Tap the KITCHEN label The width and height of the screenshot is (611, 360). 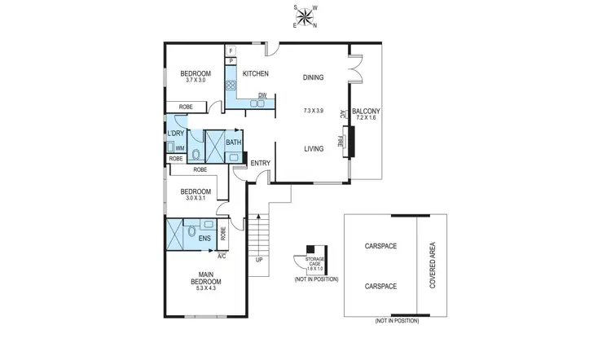[x=255, y=74]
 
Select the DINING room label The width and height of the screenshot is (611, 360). [x=313, y=78]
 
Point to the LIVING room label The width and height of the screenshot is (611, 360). [x=314, y=148]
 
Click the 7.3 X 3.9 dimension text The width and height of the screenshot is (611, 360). [x=313, y=110]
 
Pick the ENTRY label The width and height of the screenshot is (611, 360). [x=260, y=164]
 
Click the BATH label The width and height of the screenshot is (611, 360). [x=233, y=143]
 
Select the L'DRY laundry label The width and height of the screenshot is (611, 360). [x=175, y=134]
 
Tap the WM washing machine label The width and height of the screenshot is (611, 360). [x=179, y=148]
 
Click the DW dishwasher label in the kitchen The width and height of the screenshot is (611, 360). [x=262, y=96]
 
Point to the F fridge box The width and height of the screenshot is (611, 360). [x=231, y=50]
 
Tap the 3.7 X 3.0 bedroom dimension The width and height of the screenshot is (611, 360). [x=196, y=80]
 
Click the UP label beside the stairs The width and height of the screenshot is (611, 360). [x=259, y=261]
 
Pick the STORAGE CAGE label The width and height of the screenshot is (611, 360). [x=314, y=262]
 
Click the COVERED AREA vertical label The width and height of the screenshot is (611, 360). [x=433, y=265]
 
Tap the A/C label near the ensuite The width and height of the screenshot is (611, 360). [x=222, y=256]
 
